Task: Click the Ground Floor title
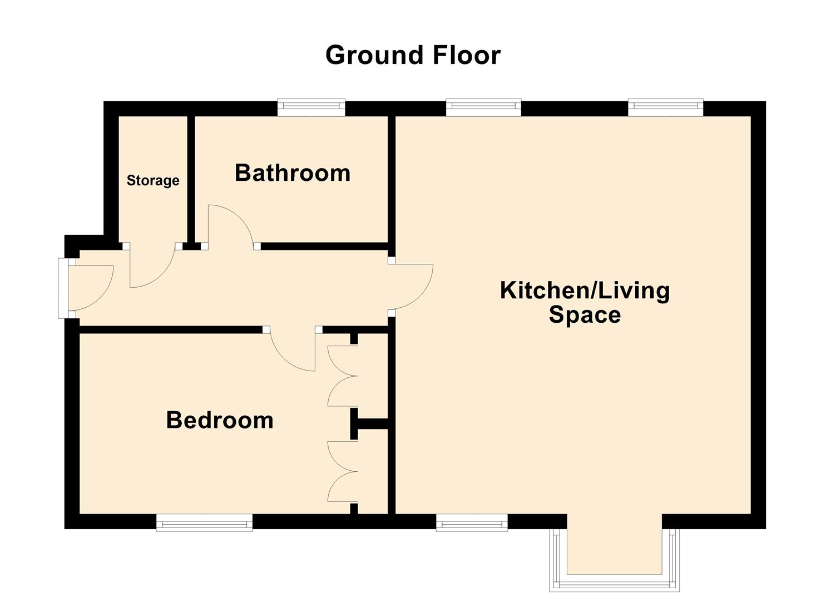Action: pyautogui.click(x=413, y=55)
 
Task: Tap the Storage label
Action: pyautogui.click(x=153, y=180)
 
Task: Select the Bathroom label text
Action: pyautogui.click(x=293, y=173)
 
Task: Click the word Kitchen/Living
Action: pyautogui.click(x=585, y=290)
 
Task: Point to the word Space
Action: pyautogui.click(x=585, y=315)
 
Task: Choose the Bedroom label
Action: pyautogui.click(x=220, y=420)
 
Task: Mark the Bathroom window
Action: pyautogui.click(x=311, y=107)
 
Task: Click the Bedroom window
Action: pyautogui.click(x=204, y=523)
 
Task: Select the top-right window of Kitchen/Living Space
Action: pyautogui.click(x=665, y=107)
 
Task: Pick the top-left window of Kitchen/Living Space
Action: pyautogui.click(x=483, y=107)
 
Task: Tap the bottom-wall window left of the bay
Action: pyautogui.click(x=472, y=523)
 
